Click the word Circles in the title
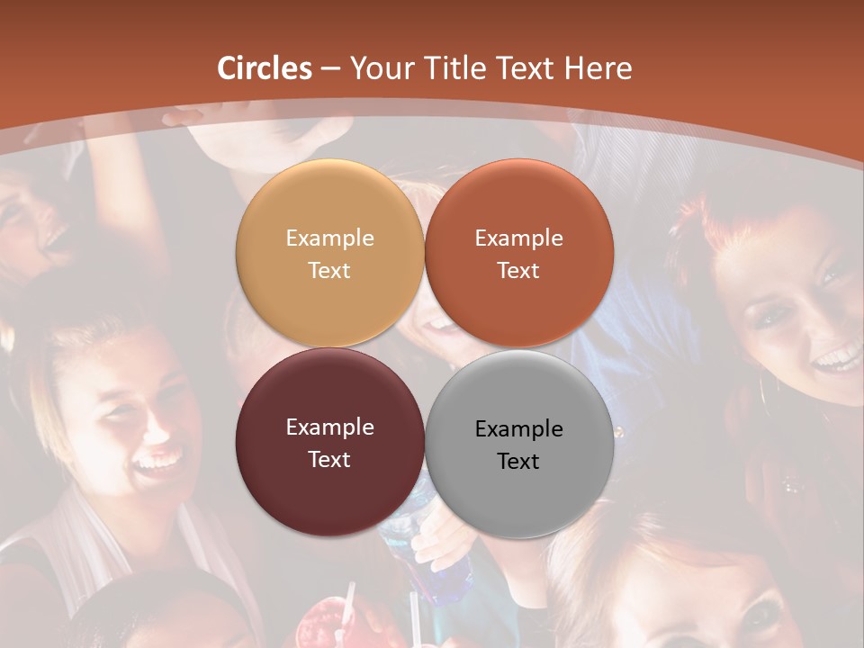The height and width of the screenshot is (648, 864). (264, 68)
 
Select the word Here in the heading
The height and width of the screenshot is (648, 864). (598, 68)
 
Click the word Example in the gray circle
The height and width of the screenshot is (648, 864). (519, 429)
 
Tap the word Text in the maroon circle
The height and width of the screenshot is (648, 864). (329, 459)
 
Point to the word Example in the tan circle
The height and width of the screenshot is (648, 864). (329, 238)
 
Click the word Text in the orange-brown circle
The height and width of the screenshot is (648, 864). (519, 270)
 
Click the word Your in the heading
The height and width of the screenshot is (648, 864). (380, 68)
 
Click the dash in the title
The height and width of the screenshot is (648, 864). (330, 68)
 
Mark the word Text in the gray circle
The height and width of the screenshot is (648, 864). (519, 461)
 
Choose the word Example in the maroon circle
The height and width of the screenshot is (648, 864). (329, 427)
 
